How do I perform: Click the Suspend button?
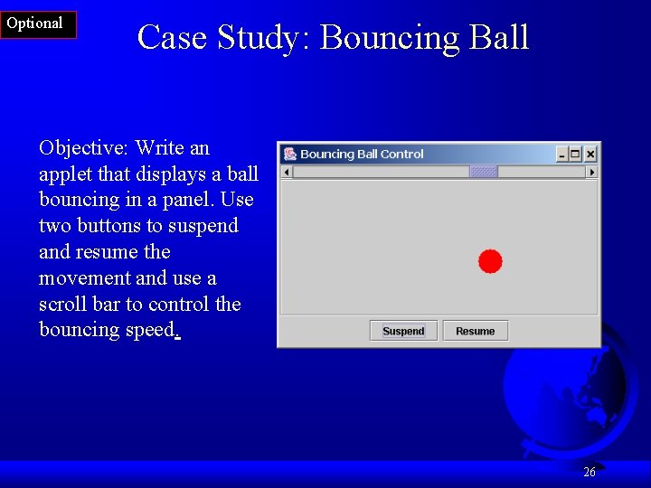click(x=403, y=331)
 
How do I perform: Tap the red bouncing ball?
click(x=490, y=261)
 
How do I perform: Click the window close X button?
click(x=590, y=155)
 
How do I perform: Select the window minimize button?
click(x=561, y=155)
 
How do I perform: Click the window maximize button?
click(x=576, y=155)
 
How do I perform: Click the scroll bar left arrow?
click(x=288, y=172)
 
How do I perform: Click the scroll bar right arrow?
click(x=592, y=172)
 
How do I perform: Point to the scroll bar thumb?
click(x=484, y=172)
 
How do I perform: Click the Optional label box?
click(x=36, y=24)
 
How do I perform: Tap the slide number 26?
click(x=590, y=472)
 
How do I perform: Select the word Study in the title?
click(x=261, y=38)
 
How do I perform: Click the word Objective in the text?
click(x=83, y=148)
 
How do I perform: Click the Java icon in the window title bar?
click(x=289, y=155)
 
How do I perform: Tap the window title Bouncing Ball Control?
click(x=362, y=155)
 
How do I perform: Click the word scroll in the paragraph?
click(x=62, y=304)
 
